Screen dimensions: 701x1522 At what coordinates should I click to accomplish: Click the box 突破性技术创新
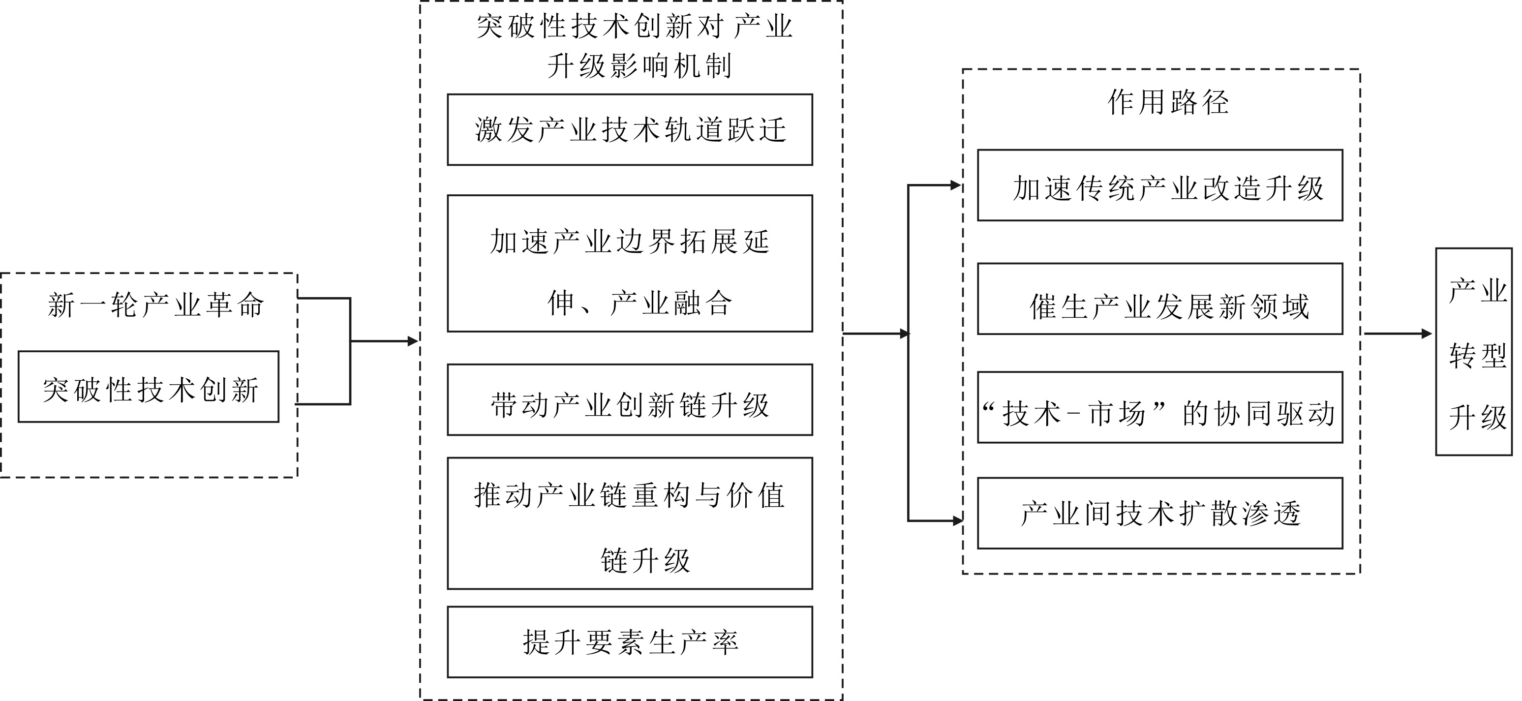148,387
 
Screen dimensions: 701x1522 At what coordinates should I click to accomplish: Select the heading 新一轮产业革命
155,305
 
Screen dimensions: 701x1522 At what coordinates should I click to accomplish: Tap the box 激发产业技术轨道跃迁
630,129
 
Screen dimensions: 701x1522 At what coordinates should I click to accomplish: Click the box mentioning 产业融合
630,264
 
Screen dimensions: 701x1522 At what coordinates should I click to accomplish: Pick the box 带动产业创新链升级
630,400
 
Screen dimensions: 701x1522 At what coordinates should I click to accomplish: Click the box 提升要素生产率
630,642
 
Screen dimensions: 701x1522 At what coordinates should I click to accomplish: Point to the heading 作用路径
1168,103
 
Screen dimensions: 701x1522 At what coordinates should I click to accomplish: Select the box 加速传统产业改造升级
1160,185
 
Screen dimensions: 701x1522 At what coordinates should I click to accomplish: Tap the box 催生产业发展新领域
1160,299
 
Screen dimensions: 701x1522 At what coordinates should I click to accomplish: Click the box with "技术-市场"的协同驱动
1160,408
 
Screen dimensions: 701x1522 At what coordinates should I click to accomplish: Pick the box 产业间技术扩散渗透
1160,513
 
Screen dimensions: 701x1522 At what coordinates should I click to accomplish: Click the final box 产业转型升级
1474,352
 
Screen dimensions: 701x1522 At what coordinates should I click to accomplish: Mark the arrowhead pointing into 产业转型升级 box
1427,334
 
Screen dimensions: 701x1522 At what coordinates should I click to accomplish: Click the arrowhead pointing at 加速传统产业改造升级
955,185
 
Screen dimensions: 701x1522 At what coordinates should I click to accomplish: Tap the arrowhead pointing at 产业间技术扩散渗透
958,521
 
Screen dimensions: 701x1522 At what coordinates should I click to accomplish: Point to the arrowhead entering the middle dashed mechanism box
413,341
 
